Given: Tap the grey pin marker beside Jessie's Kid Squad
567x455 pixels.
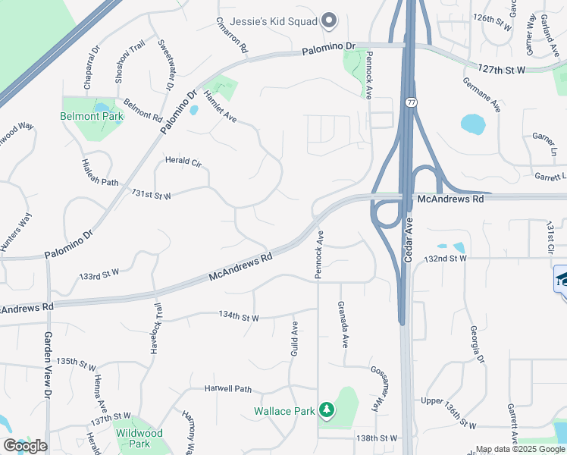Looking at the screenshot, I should click(x=329, y=20).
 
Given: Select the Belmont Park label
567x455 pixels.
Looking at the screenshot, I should click(x=92, y=117).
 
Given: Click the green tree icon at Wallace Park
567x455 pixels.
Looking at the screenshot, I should click(x=327, y=410).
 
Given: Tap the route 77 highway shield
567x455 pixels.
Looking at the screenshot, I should click(x=411, y=102).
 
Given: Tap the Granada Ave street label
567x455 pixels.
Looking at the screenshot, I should click(x=343, y=325).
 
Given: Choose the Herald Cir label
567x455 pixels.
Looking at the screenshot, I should click(x=183, y=161).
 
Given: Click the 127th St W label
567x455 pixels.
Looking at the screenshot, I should click(x=502, y=69).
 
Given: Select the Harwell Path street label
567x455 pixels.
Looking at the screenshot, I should click(x=227, y=389).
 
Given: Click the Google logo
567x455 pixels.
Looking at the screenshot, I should click(x=25, y=446).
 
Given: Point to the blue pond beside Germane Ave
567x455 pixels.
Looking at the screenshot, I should click(x=473, y=123).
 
